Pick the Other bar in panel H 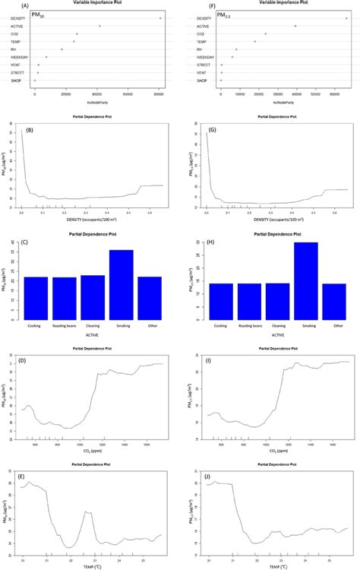click(334, 300)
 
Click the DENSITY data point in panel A click(160, 17)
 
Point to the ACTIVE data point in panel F click(295, 26)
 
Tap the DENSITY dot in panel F click(346, 17)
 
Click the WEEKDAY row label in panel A click(14, 57)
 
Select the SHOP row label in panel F click(203, 80)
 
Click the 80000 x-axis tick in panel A click(159, 90)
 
